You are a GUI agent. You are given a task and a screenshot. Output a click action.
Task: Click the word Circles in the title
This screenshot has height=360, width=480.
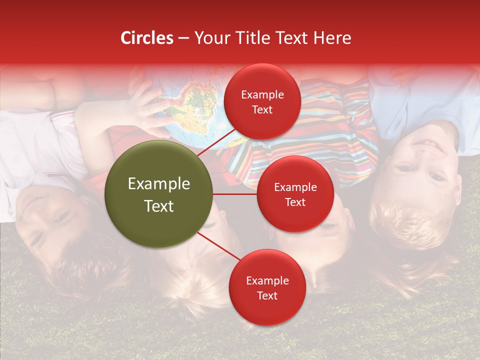tap(147, 38)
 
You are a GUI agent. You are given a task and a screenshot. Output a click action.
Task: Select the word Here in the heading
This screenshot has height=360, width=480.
tap(332, 38)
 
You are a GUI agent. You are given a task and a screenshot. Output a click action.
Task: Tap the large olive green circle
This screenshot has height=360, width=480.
tap(158, 194)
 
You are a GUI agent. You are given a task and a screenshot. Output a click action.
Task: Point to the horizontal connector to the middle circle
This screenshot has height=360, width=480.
tap(235, 194)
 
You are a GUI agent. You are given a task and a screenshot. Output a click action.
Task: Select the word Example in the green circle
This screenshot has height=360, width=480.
tap(158, 184)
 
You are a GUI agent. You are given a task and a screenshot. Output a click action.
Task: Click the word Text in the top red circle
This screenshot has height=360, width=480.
tap(262, 109)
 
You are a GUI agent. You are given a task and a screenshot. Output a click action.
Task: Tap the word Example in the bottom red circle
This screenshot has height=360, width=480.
tap(267, 281)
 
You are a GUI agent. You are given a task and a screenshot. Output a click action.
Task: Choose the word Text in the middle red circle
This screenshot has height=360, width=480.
tap(295, 202)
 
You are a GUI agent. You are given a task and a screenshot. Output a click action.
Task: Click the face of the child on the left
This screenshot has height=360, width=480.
tap(45, 220)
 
